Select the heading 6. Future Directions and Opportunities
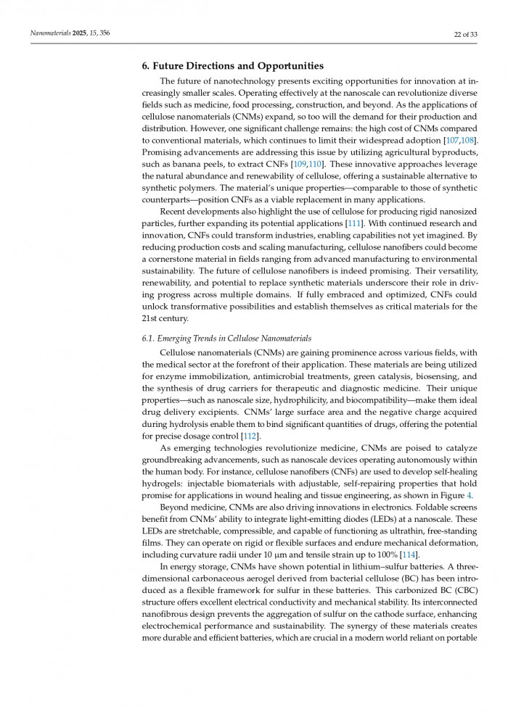(x=232, y=66)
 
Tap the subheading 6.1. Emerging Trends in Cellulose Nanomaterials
(x=226, y=339)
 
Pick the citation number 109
(x=298, y=165)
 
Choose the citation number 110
(x=313, y=165)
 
